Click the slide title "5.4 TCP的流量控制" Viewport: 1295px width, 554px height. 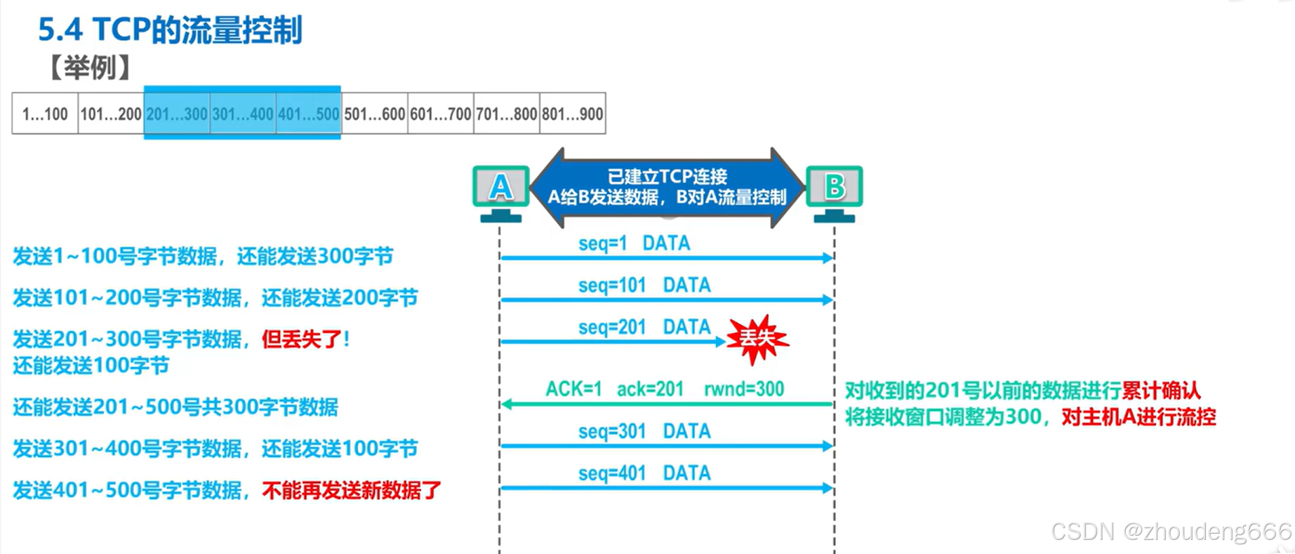[170, 30]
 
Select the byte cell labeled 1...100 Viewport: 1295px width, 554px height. [45, 114]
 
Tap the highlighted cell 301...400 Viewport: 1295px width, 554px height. [243, 114]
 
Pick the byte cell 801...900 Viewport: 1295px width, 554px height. [573, 114]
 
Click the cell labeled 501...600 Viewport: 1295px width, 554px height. [375, 114]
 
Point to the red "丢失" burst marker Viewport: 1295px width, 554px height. [757, 339]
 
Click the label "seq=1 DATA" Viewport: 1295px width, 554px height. [634, 243]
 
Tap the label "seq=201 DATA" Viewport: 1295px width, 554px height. [644, 327]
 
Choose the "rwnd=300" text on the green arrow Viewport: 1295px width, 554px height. [744, 389]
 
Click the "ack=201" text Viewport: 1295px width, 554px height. [650, 389]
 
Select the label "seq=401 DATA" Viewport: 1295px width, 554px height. [644, 473]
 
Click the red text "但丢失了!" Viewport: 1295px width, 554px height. [305, 339]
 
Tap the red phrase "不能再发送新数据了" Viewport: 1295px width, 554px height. [352, 490]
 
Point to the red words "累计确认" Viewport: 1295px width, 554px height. [1161, 391]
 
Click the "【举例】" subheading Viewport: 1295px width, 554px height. [91, 68]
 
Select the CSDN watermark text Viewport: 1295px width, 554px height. [1171, 532]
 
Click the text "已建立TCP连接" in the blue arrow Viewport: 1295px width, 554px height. [667, 176]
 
